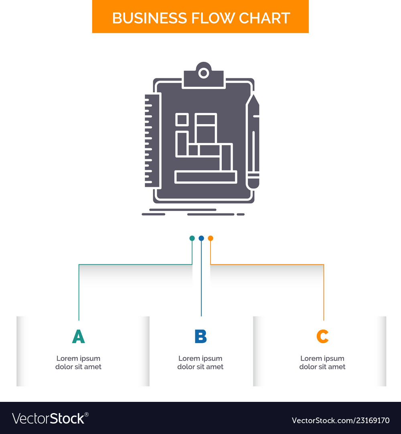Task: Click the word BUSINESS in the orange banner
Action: [x=149, y=18]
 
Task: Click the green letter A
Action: [x=79, y=336]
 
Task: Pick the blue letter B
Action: [x=200, y=336]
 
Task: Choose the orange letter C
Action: [x=322, y=336]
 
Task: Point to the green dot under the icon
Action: [x=192, y=238]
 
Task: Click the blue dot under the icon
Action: [x=201, y=238]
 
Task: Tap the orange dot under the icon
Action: [x=211, y=238]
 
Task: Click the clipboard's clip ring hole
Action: [x=204, y=73]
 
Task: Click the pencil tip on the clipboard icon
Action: [x=253, y=99]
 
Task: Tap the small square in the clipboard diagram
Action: [x=182, y=119]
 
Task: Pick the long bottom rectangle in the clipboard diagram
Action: [x=206, y=177]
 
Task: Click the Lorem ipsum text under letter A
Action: [x=79, y=362]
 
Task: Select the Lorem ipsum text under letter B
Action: [x=200, y=362]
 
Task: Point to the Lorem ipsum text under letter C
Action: [x=322, y=362]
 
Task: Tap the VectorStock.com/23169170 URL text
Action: [x=340, y=421]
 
